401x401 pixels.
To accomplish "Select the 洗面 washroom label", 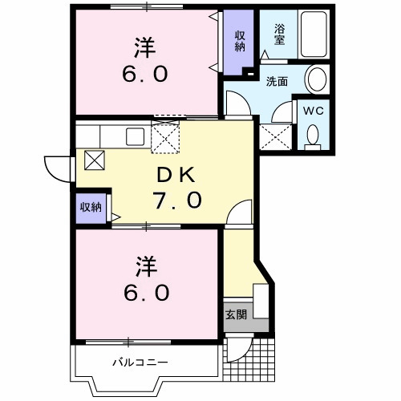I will click(x=277, y=81).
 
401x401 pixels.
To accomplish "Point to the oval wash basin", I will click(x=317, y=79).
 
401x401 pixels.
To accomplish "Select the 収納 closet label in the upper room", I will click(x=240, y=41).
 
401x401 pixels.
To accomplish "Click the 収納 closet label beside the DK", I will click(x=91, y=207).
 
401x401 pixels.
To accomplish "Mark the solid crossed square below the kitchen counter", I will click(x=94, y=160).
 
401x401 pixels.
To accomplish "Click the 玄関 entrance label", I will click(x=236, y=314).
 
